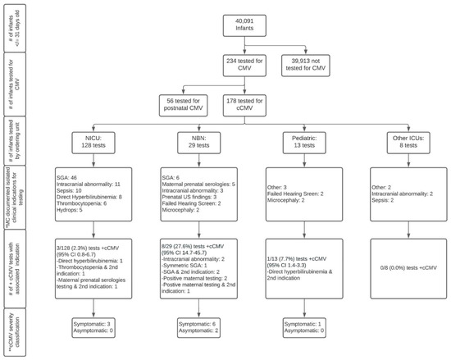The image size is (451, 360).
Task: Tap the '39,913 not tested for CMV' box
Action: [326, 68]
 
